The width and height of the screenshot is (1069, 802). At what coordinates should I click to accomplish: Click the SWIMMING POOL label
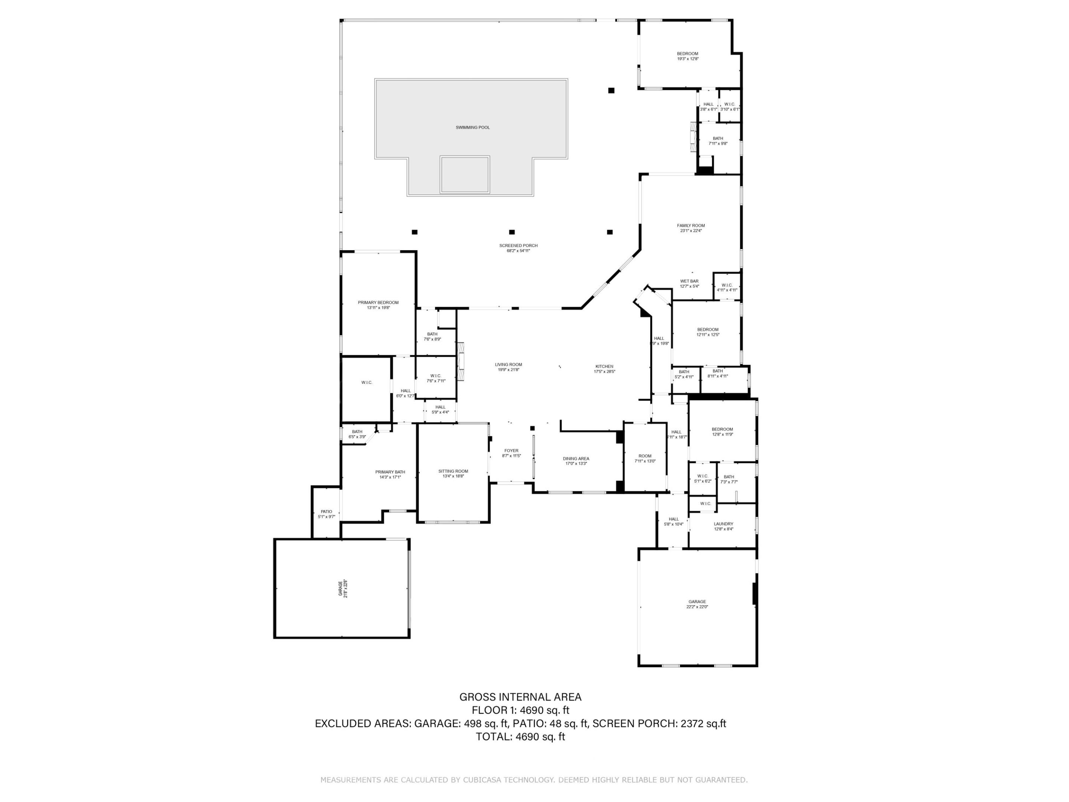[x=472, y=128]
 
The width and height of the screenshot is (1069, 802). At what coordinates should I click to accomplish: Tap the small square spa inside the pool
[x=464, y=175]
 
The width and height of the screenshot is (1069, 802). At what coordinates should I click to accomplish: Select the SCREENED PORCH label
[x=518, y=245]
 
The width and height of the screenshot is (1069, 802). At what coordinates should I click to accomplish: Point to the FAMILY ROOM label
[x=691, y=226]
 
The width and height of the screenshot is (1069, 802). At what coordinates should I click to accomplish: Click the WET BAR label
[x=689, y=281]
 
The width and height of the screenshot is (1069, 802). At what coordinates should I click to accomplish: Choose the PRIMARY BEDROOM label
[x=378, y=303]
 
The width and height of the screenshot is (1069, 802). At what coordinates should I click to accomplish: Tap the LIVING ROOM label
[x=509, y=365]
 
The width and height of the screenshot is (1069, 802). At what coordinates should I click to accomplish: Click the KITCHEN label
[x=604, y=366]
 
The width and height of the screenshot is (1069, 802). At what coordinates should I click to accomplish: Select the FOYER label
[x=511, y=450]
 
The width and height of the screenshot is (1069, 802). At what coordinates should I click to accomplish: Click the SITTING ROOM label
[x=453, y=471]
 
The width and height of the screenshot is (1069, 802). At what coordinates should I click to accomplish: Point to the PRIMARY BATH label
[x=390, y=472]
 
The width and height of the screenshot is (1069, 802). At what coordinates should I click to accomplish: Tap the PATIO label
[x=326, y=512]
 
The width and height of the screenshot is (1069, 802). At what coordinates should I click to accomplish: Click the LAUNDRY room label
[x=723, y=524]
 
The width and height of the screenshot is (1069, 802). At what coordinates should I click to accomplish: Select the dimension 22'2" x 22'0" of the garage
[x=697, y=607]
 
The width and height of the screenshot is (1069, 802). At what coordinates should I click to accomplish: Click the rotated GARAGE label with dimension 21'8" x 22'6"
[x=343, y=589]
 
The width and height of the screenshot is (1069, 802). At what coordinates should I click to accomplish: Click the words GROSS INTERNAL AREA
[x=520, y=697]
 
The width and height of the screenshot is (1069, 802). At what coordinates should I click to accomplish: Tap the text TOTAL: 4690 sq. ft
[x=520, y=737]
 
